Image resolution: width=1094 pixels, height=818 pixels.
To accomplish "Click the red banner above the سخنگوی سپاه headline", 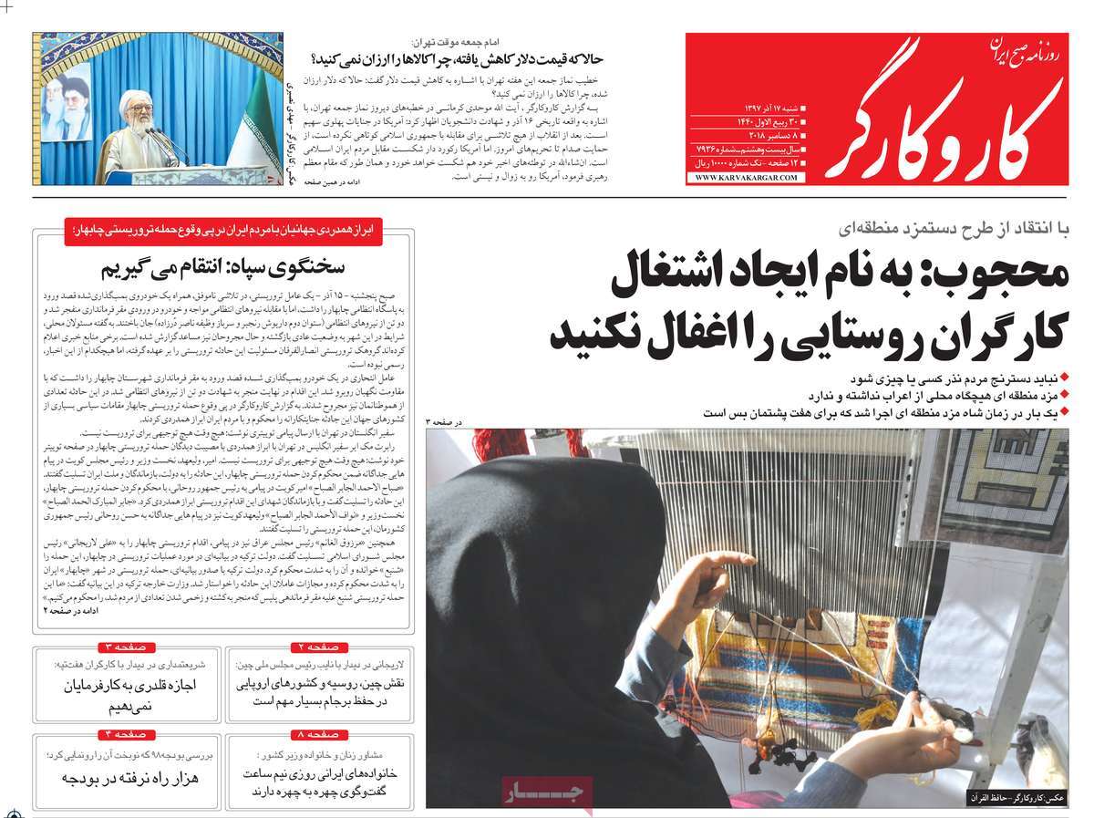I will click(x=223, y=232).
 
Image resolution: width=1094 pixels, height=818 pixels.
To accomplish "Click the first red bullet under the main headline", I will click(x=1064, y=378).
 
